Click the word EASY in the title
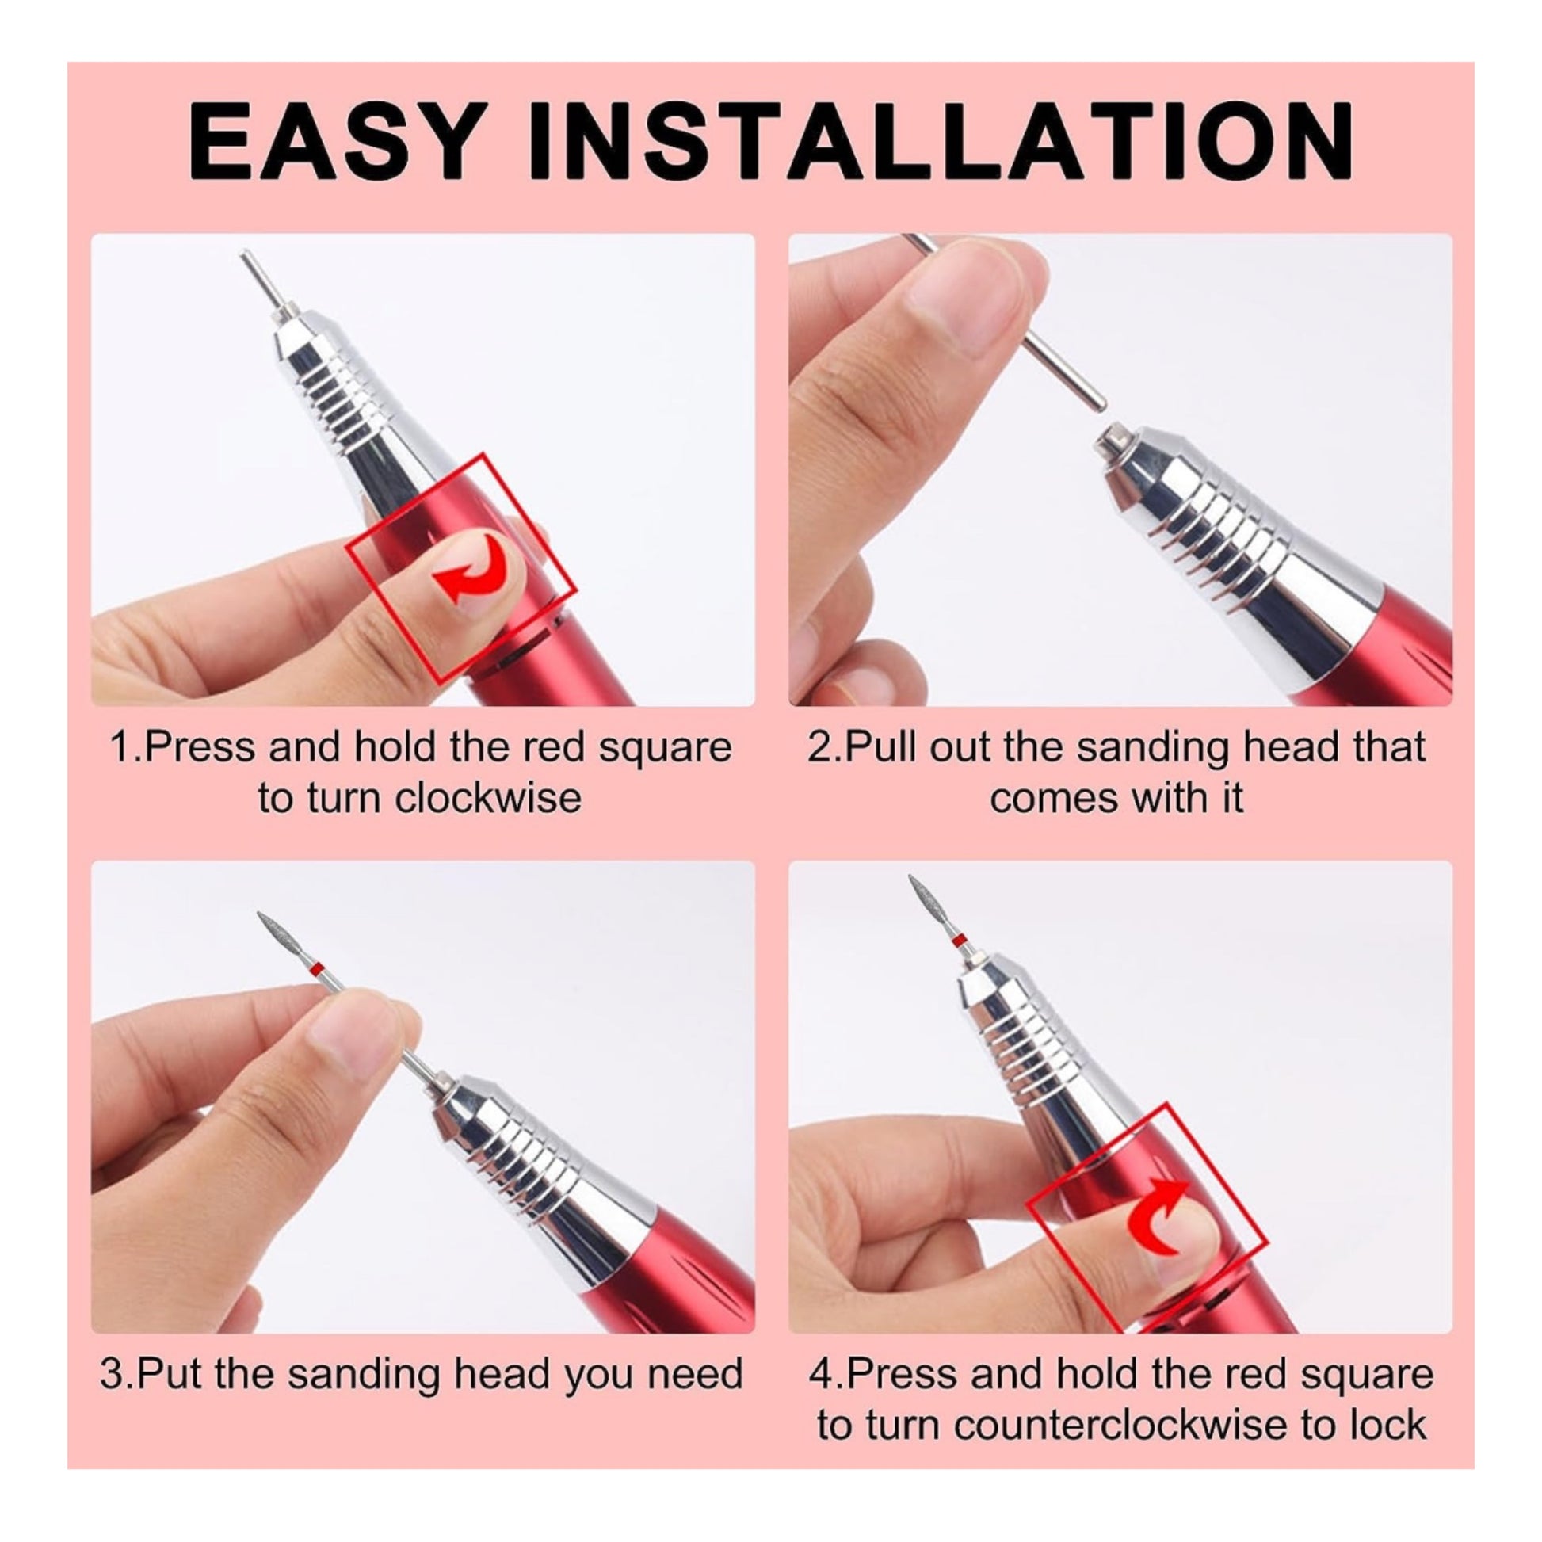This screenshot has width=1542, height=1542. tap(336, 142)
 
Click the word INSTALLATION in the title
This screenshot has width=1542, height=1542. tap(940, 142)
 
